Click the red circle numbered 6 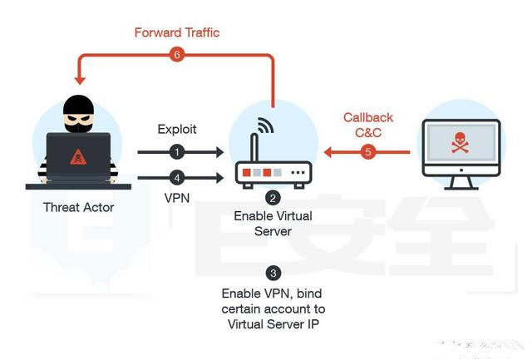pos(177,54)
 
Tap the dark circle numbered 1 pos(177,152)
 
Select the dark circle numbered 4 pos(177,178)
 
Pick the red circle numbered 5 pos(368,152)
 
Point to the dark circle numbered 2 pos(273,198)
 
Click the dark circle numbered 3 pos(273,274)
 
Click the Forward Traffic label pos(177,32)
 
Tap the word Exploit pos(177,129)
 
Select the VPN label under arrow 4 pos(177,198)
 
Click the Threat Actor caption pos(79,207)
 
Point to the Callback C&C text pos(368,125)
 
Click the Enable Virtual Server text pos(273,224)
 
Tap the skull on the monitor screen pos(460,143)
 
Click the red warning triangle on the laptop pos(78,157)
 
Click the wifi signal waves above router pos(266,125)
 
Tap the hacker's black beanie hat pos(78,105)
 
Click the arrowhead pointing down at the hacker pos(80,80)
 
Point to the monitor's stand pos(461,183)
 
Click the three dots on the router pos(298,173)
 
